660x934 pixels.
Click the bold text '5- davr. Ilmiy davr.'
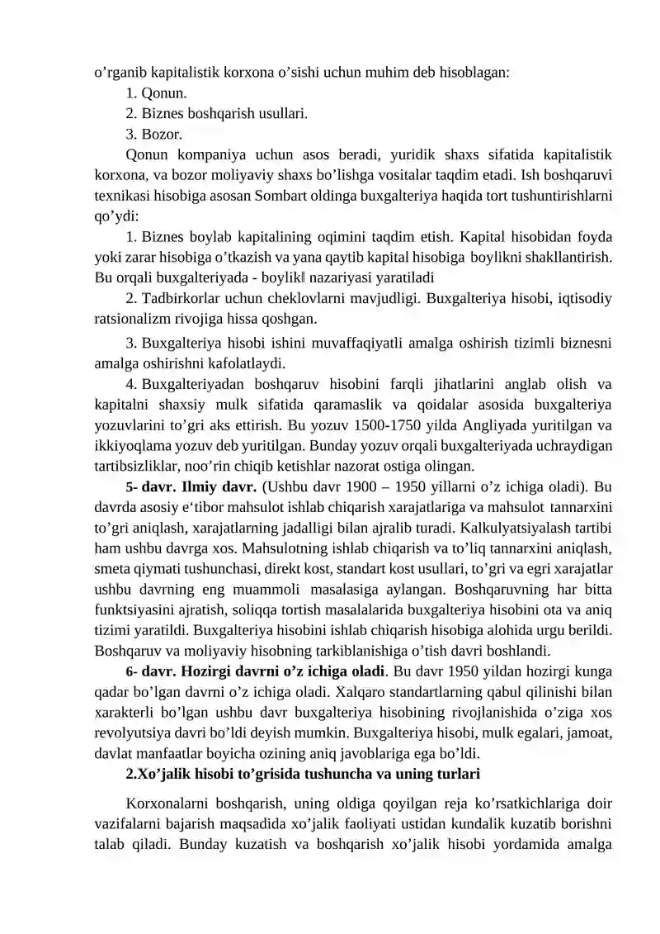[x=191, y=486]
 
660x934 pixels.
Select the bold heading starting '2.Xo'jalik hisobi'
[x=303, y=774]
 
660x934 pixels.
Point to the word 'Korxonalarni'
[x=166, y=804]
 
